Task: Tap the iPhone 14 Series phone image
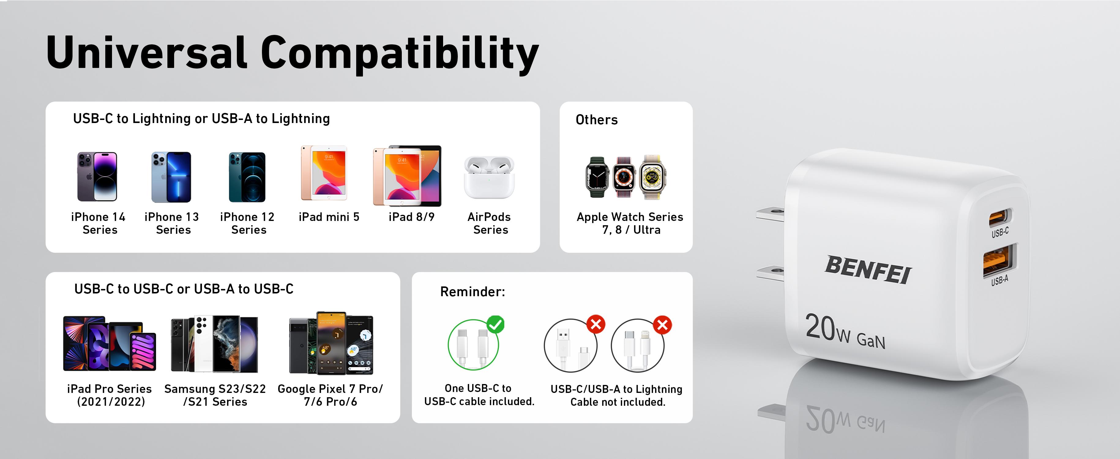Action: pyautogui.click(x=97, y=177)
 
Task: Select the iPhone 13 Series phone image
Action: pyautogui.click(x=171, y=177)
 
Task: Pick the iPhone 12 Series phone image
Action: pyautogui.click(x=247, y=177)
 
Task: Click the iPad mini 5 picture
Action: pyautogui.click(x=324, y=173)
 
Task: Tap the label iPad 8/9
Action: pyautogui.click(x=411, y=217)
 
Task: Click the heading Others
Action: pyautogui.click(x=596, y=120)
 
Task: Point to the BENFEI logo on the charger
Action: pyautogui.click(x=868, y=270)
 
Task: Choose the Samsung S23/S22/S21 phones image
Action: pyautogui.click(x=214, y=344)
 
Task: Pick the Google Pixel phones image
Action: pyautogui.click(x=331, y=343)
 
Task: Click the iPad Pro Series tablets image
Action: pyautogui.click(x=109, y=343)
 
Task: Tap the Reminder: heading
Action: pyautogui.click(x=472, y=291)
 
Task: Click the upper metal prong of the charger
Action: pyautogui.click(x=770, y=214)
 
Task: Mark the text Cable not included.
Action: pyautogui.click(x=618, y=402)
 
